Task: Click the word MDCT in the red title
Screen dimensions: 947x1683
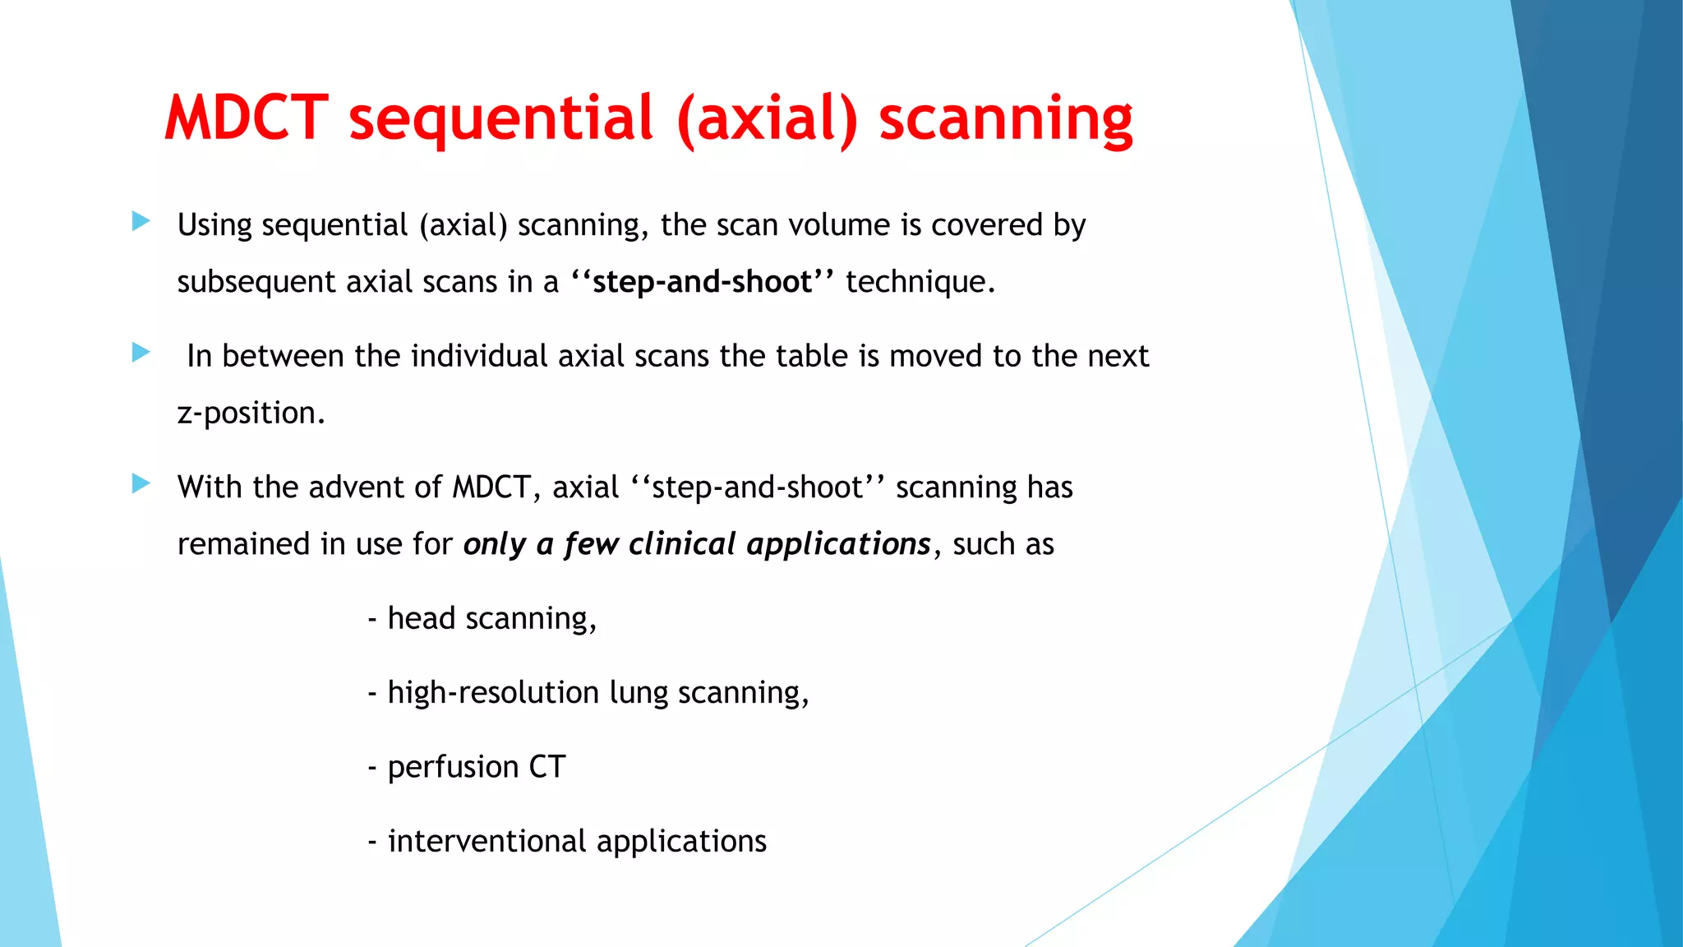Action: (x=247, y=118)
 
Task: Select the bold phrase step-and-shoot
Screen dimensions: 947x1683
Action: (x=702, y=282)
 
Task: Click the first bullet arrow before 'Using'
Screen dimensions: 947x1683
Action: (x=141, y=221)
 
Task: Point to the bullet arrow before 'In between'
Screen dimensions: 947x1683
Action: (x=141, y=353)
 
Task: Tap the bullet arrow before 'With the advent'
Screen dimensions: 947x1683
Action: (x=141, y=483)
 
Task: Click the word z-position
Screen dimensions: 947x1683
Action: (x=251, y=413)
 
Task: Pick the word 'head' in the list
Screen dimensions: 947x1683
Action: (x=421, y=618)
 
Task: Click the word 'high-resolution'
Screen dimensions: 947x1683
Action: (x=492, y=693)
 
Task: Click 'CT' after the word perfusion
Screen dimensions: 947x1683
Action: (x=546, y=767)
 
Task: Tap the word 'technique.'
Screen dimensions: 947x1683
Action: (x=920, y=282)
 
